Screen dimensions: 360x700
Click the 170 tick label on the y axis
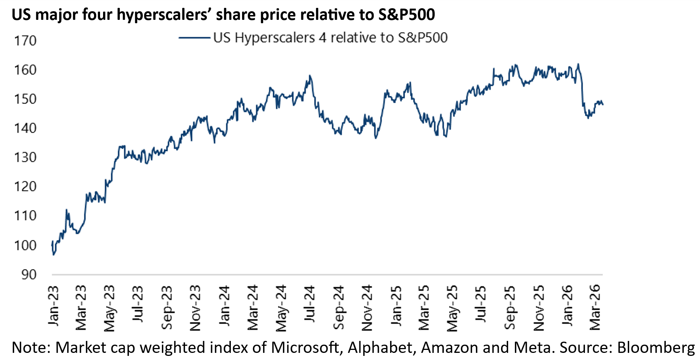coord(25,40)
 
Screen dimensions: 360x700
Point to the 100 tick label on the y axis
coord(25,245)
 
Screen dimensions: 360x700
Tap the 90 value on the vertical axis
coord(29,275)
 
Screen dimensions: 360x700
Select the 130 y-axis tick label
coord(25,157)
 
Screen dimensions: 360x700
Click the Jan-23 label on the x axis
coord(54,306)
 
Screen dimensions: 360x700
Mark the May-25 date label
coord(453,308)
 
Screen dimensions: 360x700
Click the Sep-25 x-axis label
coord(510,307)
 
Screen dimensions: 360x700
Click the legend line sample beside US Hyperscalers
coord(194,37)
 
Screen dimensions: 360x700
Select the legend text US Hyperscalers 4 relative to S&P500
coord(330,37)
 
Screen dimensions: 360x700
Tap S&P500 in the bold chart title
coord(406,15)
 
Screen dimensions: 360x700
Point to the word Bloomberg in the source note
coord(656,348)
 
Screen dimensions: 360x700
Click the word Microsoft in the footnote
coord(304,348)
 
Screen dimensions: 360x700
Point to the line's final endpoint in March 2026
coord(603,105)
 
